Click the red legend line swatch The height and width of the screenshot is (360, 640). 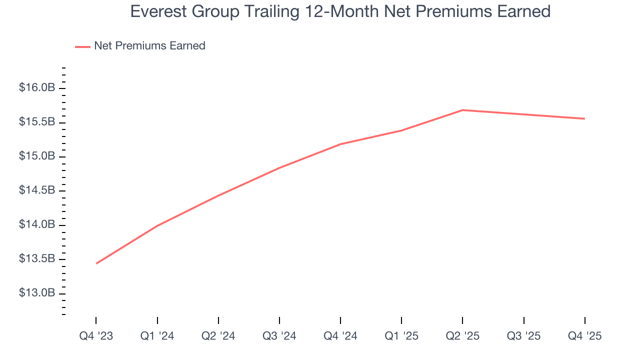tap(82, 46)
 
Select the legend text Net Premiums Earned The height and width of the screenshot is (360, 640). tap(149, 46)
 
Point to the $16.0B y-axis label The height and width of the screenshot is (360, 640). tap(36, 88)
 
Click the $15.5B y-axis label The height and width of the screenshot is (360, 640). tap(36, 122)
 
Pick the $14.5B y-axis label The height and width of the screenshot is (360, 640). tap(36, 190)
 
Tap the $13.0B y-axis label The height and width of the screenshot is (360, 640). tap(36, 293)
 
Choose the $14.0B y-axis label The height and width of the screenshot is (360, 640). tap(36, 224)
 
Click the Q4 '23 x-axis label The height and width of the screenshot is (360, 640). tap(96, 336)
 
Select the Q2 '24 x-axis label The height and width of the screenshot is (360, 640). tap(218, 336)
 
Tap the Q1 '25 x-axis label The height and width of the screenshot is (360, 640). tap(401, 336)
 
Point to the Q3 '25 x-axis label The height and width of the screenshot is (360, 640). tap(523, 336)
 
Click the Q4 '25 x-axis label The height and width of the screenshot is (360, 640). tap(584, 336)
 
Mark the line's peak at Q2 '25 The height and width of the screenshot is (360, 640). tap(462, 110)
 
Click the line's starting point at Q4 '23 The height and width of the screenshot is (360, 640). tap(96, 263)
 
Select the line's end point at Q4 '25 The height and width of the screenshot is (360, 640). tap(584, 118)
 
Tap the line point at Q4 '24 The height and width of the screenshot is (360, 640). tap(340, 144)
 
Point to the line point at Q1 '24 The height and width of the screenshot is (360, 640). tap(157, 225)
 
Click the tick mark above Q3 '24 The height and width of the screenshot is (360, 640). tap(279, 320)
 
